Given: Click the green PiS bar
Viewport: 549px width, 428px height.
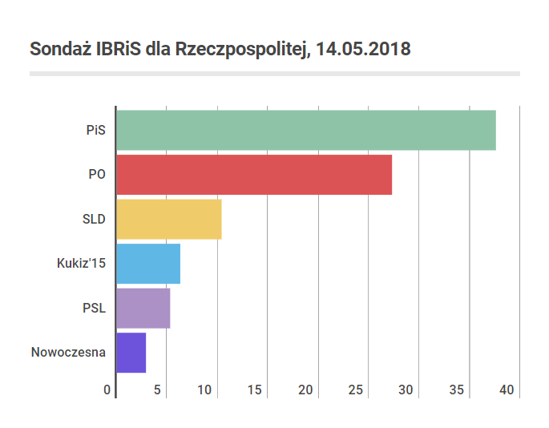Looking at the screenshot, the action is coord(306,131).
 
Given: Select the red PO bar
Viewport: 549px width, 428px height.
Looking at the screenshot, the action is coord(254,175).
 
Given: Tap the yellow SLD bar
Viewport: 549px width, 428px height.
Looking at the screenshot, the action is coord(169,220).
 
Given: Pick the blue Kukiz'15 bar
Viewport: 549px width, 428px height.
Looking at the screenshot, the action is coord(148,264).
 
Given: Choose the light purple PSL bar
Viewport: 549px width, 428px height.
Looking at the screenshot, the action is coord(143,309).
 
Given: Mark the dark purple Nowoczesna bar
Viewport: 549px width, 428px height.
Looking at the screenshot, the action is coord(131,353).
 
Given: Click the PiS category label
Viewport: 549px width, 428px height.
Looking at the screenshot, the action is coord(96,131).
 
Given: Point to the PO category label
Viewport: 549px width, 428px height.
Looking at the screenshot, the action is coord(97,175).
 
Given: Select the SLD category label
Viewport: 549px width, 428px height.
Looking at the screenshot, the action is coord(94,220).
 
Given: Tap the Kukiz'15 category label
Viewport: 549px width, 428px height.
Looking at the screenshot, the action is coord(81,264).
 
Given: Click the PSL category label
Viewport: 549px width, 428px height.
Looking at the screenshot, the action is coord(95,309).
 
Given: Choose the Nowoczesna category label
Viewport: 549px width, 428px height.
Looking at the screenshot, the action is coord(68,353).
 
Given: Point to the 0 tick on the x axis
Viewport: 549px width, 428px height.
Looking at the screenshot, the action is coord(107,390).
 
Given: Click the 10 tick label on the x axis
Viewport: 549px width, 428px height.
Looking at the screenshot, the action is coord(204,390).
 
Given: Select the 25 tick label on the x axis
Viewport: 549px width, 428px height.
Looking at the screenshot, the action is coord(355,390).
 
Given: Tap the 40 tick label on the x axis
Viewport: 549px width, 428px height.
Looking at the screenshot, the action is coord(507,390).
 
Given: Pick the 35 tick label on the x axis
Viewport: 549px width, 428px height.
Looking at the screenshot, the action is coord(457,390).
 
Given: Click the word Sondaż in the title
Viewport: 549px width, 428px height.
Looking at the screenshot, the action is coord(60,49).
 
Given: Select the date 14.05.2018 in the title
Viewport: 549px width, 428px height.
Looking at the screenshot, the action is coord(363,49).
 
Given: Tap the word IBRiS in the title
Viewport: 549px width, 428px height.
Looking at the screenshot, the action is coord(119,49).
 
